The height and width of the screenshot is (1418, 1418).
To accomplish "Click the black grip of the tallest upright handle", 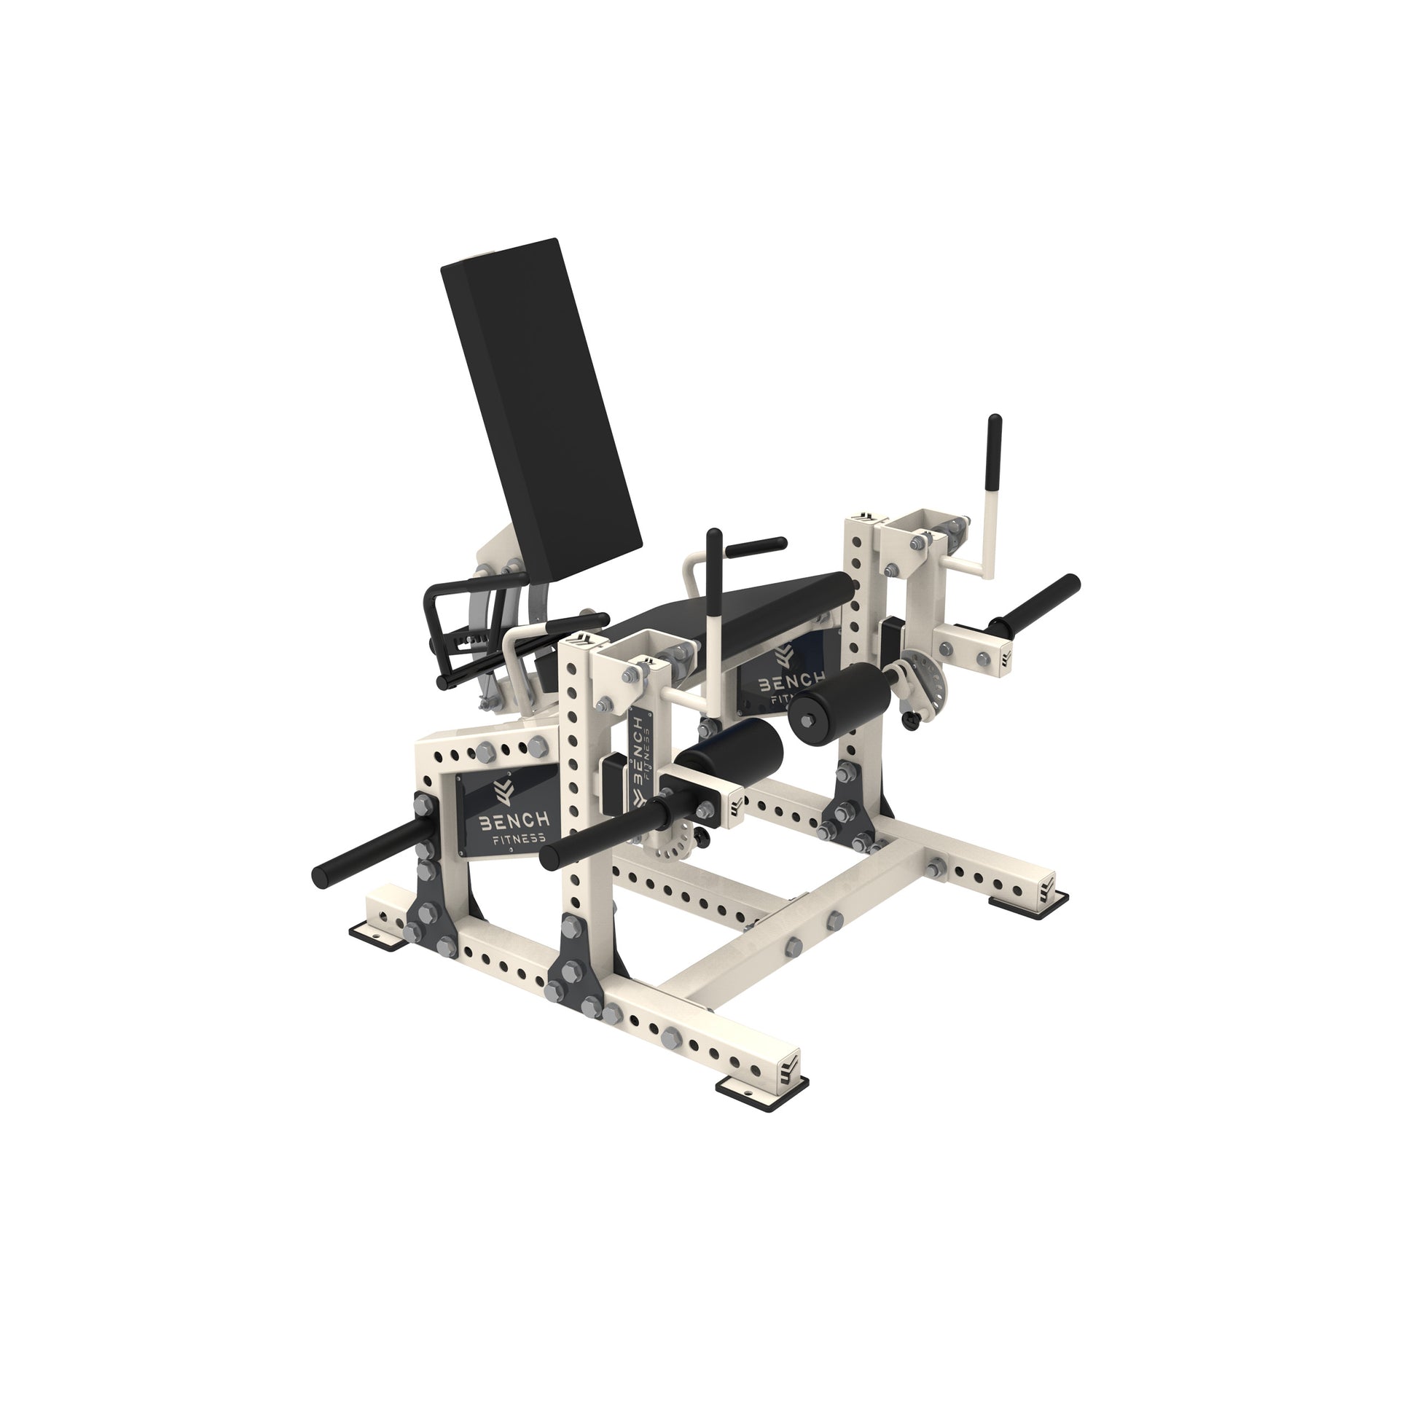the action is point(995,455).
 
